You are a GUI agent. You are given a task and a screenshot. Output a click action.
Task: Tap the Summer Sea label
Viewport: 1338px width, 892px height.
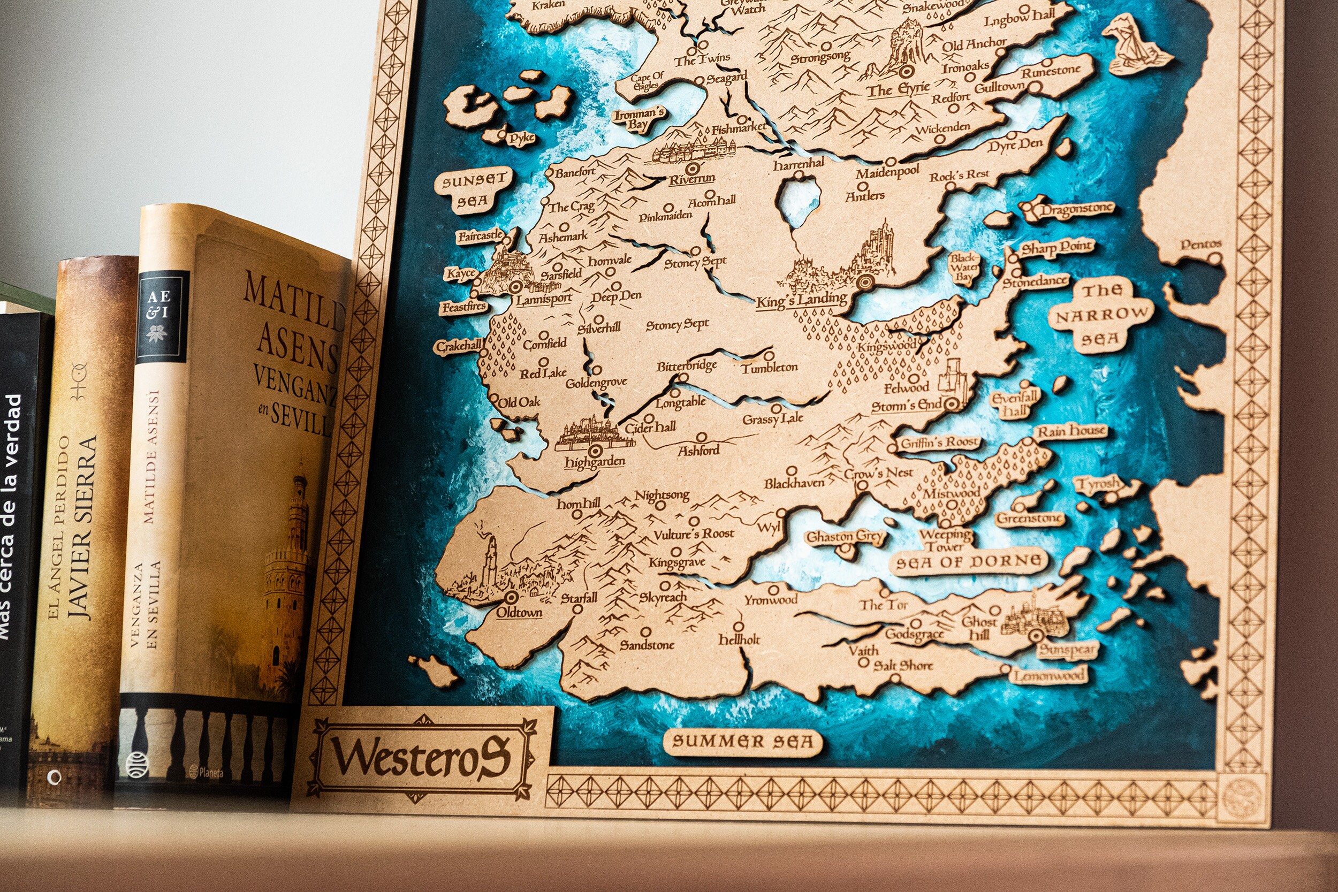742,741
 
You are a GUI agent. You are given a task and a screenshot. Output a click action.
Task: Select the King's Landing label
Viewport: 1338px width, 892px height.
801,301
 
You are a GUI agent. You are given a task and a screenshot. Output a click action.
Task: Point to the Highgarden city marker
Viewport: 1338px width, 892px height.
595,451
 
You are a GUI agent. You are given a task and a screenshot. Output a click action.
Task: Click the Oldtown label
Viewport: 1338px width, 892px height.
519,613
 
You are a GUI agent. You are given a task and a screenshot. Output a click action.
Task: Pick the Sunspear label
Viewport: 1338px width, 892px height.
1067,650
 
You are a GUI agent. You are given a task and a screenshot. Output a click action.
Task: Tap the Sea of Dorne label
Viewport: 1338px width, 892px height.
969,562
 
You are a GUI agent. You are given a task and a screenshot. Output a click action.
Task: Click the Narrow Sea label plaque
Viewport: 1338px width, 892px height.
1100,315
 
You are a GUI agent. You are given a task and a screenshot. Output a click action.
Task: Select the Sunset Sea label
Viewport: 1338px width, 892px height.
473,189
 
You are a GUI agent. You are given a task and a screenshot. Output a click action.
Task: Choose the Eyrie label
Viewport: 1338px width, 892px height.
898,90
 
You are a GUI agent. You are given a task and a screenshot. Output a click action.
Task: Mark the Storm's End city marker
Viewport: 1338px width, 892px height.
952,405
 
